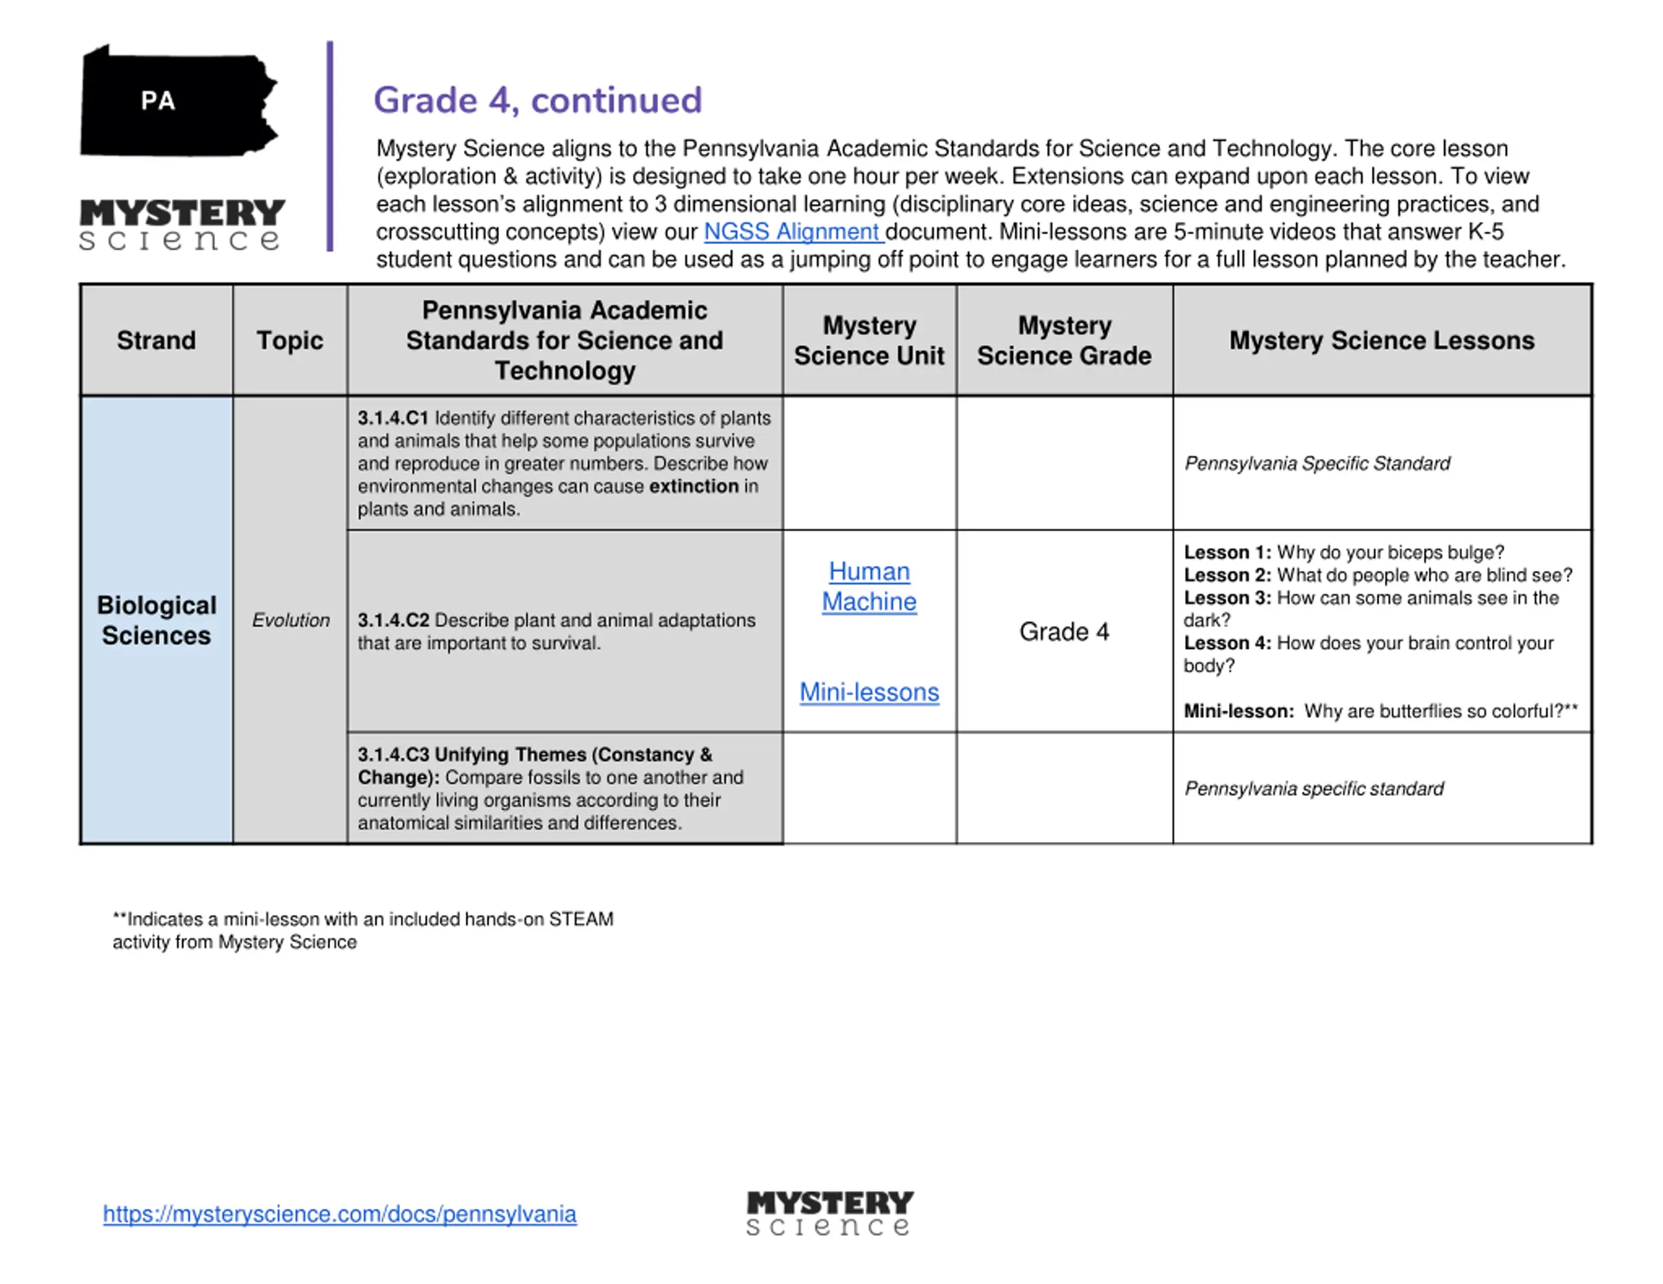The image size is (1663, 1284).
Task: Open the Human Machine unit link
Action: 869,586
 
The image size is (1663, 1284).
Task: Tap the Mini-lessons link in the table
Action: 869,692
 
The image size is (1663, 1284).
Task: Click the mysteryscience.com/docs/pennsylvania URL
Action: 340,1213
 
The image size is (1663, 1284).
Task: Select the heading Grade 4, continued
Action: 538,101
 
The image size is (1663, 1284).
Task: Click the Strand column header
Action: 156,340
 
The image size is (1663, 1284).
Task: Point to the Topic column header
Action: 289,340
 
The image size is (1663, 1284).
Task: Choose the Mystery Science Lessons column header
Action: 1381,340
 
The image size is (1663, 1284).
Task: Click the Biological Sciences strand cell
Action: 156,621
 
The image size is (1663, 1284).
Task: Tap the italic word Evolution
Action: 291,621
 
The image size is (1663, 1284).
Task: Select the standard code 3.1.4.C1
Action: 393,418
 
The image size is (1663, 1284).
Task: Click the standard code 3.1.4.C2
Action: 393,621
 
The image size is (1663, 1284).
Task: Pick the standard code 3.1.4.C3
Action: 393,754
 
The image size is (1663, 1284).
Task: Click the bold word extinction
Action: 694,486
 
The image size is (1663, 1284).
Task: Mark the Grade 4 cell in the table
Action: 1064,632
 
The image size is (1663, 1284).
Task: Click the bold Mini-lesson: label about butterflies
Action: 1238,711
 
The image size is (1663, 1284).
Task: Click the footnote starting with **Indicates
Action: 362,930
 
